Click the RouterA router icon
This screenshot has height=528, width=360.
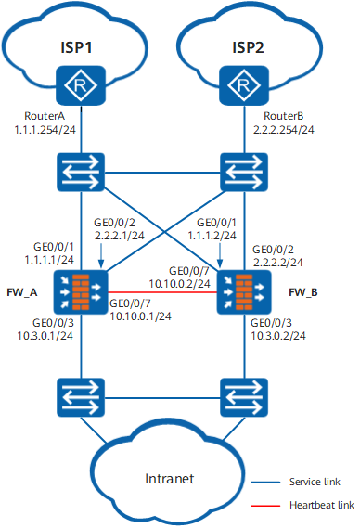pyautogui.click(x=81, y=85)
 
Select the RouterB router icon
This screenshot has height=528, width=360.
pyautogui.click(x=244, y=85)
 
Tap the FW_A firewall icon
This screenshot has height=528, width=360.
pyautogui.click(x=81, y=292)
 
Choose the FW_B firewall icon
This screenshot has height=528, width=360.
pyautogui.click(x=244, y=292)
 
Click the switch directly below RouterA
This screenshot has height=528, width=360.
pyautogui.click(x=81, y=173)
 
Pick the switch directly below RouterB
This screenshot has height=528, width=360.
pyautogui.click(x=244, y=173)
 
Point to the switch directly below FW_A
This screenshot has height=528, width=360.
pyautogui.click(x=81, y=397)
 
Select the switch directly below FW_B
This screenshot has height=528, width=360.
pyautogui.click(x=244, y=397)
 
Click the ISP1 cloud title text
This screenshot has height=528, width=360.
pyautogui.click(x=76, y=47)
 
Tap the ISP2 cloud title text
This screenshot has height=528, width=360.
pyautogui.click(x=248, y=47)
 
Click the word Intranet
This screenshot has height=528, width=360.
pyautogui.click(x=170, y=479)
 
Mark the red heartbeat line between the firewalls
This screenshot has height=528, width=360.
pyautogui.click(x=162, y=292)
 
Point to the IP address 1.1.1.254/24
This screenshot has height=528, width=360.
pyautogui.click(x=45, y=130)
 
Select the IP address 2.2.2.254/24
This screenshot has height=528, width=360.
pyautogui.click(x=284, y=130)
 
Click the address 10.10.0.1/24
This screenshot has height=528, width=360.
pyautogui.click(x=140, y=316)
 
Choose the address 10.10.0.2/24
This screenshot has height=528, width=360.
pyautogui.click(x=179, y=284)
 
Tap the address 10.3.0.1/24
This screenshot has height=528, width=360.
pyautogui.click(x=45, y=336)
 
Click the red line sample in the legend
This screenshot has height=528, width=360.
pyautogui.click(x=265, y=506)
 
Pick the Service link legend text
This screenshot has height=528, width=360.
pyautogui.click(x=315, y=482)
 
